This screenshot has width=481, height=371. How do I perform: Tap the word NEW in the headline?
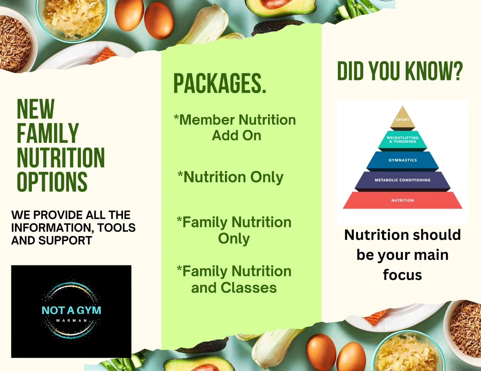(x=35, y=109)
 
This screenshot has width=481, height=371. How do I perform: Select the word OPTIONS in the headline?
(x=52, y=182)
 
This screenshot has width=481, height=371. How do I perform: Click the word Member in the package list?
(x=207, y=120)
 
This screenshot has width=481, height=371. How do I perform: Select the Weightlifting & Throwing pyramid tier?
(x=402, y=139)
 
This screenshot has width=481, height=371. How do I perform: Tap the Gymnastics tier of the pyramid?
(x=402, y=160)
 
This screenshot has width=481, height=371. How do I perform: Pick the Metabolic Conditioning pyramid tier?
(x=402, y=180)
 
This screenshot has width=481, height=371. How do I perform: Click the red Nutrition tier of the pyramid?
(x=402, y=200)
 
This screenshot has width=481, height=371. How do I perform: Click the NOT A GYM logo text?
(x=71, y=310)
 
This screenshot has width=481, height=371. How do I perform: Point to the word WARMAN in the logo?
(x=71, y=321)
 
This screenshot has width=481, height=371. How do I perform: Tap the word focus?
(x=402, y=275)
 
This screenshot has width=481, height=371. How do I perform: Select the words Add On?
(x=236, y=135)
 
